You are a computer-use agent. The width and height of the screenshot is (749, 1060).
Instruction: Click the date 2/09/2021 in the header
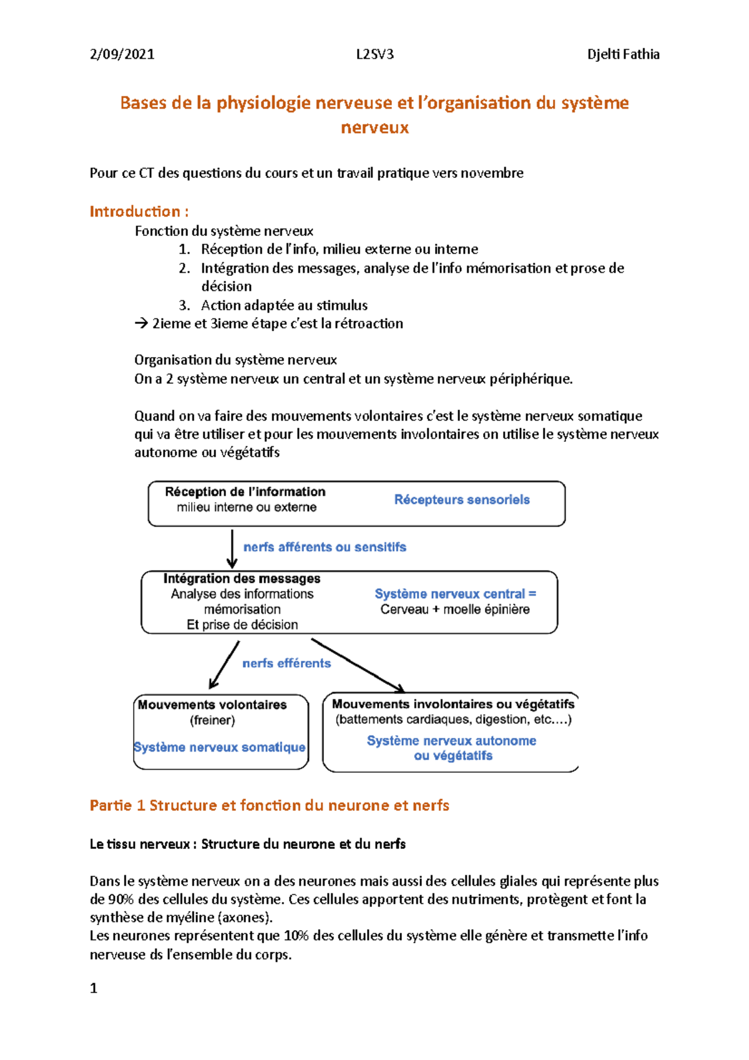coord(122,54)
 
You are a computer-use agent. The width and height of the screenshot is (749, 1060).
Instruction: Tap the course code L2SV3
coord(374,54)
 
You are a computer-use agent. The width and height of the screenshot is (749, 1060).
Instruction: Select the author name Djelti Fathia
coord(623,54)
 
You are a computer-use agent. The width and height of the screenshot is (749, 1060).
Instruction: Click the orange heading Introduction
coord(139,212)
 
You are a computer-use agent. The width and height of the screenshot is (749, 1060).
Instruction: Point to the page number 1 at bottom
coord(94,988)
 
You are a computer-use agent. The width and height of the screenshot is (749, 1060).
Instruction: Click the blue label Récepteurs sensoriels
coord(462,499)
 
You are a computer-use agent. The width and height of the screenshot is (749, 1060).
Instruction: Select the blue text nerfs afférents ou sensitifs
coord(325,547)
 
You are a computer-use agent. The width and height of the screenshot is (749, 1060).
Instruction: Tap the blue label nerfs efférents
coord(286,663)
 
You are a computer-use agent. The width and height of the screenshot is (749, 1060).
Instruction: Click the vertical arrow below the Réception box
coord(232,548)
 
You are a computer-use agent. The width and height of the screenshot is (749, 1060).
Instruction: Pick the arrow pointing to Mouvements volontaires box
coord(224,665)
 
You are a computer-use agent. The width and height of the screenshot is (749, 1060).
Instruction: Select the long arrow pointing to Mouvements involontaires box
coord(358,665)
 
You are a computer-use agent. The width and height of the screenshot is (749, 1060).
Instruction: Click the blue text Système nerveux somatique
coord(220,747)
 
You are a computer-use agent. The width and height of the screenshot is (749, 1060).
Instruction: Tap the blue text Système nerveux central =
coord(455,594)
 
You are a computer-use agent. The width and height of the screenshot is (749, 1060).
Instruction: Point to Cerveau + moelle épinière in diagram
coord(455,609)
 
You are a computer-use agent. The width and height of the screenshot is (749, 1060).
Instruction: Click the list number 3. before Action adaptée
coord(184,305)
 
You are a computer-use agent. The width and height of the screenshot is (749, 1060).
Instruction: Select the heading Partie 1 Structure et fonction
coord(269,805)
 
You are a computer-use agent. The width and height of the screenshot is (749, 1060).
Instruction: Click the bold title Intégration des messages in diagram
coord(242,579)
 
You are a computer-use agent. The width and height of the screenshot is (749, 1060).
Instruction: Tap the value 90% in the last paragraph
coord(120,900)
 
